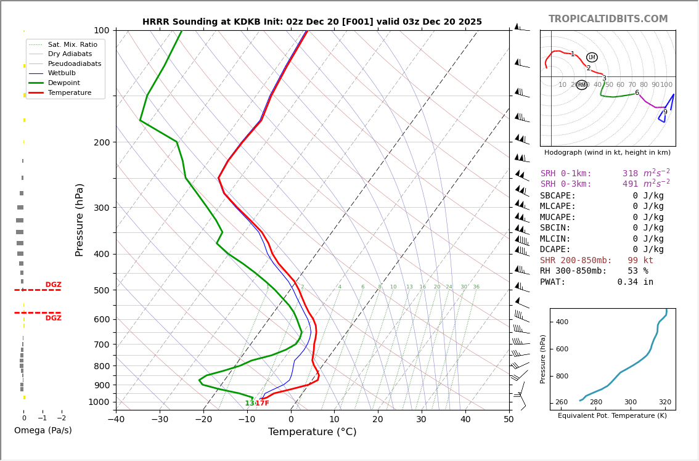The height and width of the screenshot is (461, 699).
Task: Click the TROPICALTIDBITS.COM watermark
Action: coord(608,19)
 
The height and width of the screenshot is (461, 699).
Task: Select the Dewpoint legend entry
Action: coord(64,83)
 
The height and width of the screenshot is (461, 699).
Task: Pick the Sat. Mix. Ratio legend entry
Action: coord(72,45)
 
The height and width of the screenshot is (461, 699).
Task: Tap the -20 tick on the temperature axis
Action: coord(203,420)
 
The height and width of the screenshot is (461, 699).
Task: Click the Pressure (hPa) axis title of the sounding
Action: coord(80,219)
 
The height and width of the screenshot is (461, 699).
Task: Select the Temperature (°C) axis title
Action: coord(312,432)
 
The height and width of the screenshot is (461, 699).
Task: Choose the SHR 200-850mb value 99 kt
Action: coord(640,261)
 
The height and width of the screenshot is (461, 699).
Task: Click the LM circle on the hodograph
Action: coord(592,57)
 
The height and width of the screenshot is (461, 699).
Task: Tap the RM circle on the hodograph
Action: coord(581,85)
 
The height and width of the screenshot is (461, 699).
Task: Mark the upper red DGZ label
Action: coord(53,285)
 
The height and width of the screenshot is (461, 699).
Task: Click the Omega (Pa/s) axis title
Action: coord(43,430)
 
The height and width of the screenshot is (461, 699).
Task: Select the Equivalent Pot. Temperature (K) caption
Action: coord(612,416)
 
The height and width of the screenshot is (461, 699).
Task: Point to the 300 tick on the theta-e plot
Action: coord(630,402)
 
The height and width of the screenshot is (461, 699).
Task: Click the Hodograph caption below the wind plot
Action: coord(607,152)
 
